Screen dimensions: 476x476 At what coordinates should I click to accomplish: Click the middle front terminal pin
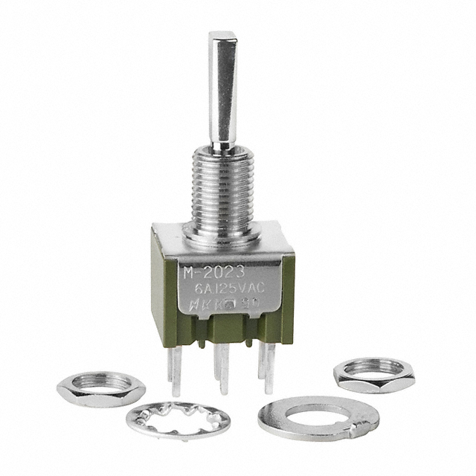pyautogui.click(x=218, y=368)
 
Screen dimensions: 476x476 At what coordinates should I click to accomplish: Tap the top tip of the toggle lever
pyautogui.click(x=221, y=36)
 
